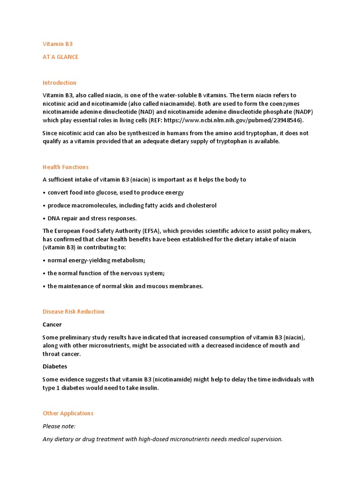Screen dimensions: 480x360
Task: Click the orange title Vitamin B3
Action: coord(58,44)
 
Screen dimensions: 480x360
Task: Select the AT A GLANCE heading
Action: coord(60,57)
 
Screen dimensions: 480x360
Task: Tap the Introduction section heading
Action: coord(60,82)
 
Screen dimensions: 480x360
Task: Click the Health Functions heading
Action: coord(66,167)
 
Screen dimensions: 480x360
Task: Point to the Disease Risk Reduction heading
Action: coord(74,311)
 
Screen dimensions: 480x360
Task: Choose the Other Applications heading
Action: coord(68,413)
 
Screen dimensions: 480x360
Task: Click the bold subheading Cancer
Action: coord(52,324)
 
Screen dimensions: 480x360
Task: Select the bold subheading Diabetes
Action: coord(55,367)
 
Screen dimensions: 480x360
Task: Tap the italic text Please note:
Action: coord(59,426)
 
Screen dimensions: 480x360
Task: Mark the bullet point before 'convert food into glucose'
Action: coord(44,193)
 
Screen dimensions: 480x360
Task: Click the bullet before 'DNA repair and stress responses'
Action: coord(44,218)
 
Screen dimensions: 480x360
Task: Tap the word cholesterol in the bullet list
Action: coord(201,205)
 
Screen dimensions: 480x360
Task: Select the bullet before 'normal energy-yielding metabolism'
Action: coord(44,261)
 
